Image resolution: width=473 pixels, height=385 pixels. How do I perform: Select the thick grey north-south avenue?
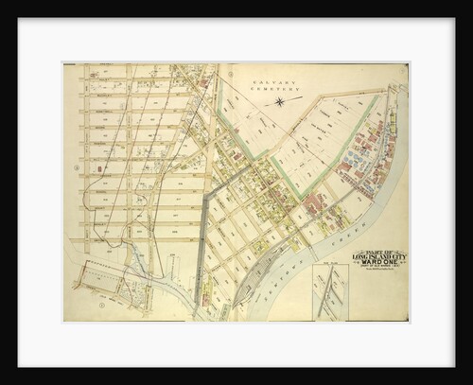click(x=201, y=236)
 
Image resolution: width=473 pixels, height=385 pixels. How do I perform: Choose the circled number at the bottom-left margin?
click(x=100, y=306)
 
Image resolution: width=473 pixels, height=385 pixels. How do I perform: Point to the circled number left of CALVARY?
click(x=224, y=76)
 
